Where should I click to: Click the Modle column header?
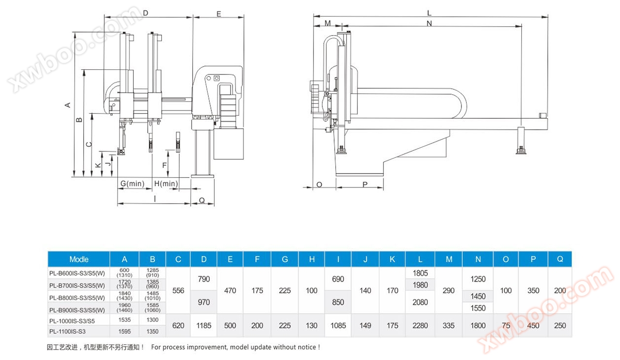pos(79,259)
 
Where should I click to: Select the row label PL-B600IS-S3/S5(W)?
pos(77,273)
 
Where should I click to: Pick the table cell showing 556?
pos(178,291)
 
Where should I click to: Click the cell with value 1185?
pos(204,325)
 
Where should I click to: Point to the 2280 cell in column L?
pos(421,325)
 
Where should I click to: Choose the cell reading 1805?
pos(421,272)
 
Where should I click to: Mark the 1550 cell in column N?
pos(478,307)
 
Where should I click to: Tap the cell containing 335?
pos(448,325)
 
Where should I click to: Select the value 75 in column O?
pos(506,325)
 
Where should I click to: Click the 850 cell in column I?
pos(338,302)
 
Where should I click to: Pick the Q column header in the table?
pos(560,259)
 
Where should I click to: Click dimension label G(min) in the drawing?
pos(132,184)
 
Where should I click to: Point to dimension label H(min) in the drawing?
pos(166,184)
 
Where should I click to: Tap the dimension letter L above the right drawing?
pos(429,13)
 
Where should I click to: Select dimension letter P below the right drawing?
pos(364,184)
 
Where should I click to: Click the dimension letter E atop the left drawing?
pos(219,14)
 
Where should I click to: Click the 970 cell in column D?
pos(204,302)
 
